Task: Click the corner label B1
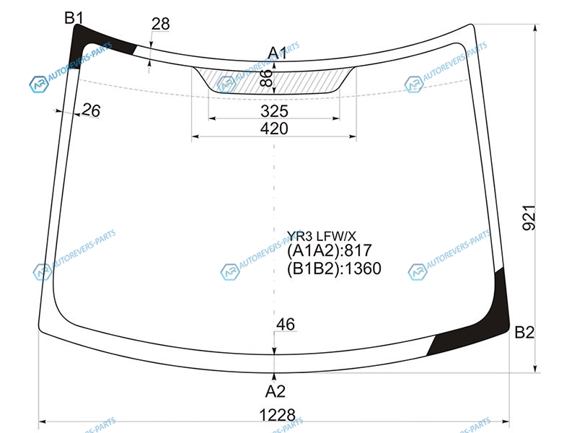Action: [74, 17]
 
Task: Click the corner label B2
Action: [524, 333]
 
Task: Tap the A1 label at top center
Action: [277, 53]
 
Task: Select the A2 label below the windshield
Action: [276, 391]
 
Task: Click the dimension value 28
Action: [160, 24]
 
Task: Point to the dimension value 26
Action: [91, 110]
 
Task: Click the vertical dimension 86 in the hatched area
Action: [266, 78]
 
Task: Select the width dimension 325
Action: [274, 111]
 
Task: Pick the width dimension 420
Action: [274, 128]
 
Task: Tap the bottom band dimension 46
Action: [286, 324]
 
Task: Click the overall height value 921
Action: [529, 218]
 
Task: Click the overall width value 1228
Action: [277, 416]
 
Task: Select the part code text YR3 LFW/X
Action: [322, 236]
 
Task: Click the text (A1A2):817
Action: [330, 250]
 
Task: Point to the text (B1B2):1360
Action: [334, 268]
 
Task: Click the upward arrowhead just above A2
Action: [274, 377]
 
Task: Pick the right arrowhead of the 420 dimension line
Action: [353, 136]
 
